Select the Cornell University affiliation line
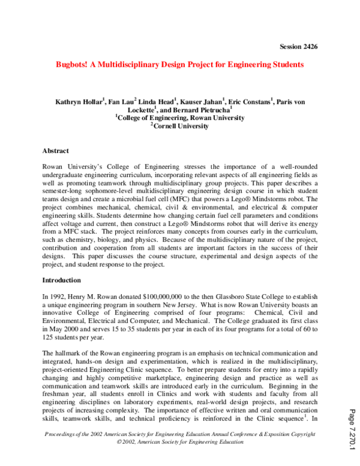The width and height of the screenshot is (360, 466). (181, 127)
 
